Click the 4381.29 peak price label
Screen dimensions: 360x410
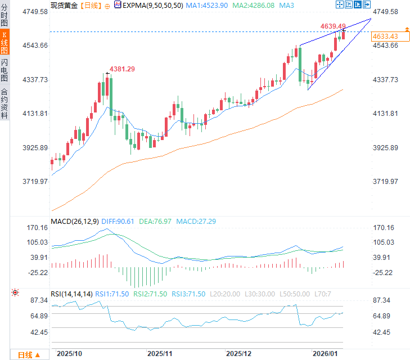123,69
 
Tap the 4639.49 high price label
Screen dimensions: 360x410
333,26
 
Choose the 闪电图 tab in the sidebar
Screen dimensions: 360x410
4,70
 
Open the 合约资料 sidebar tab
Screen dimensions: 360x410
4,103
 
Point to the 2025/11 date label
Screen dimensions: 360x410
160,354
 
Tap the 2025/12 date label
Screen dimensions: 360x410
238,354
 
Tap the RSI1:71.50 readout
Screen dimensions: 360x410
112,294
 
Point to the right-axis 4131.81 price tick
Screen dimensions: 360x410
386,114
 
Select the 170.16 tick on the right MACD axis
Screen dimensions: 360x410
384,228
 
